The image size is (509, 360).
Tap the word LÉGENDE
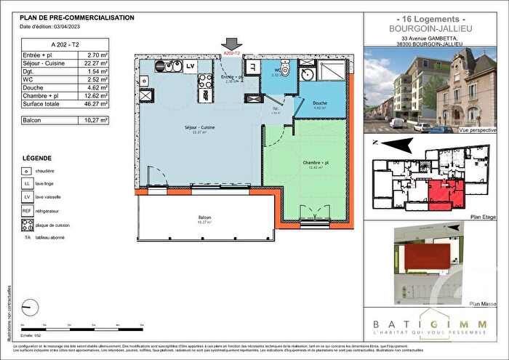tap(36, 158)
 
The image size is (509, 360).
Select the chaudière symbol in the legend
tap(28, 171)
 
